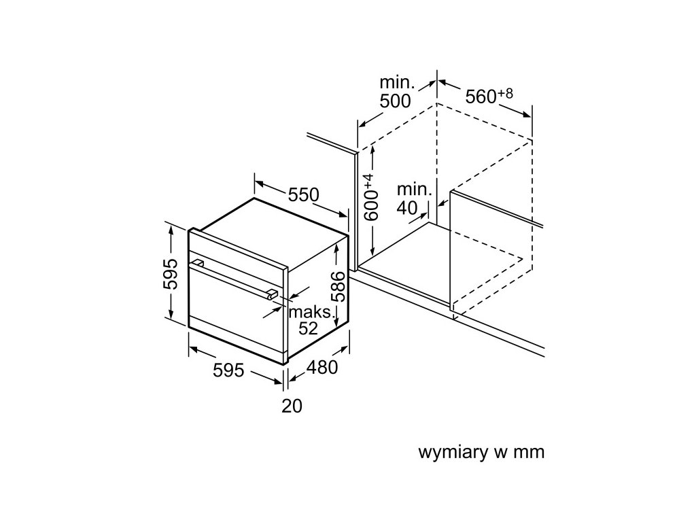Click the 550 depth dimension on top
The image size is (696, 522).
coord(303,195)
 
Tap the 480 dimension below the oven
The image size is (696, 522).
coord(321,368)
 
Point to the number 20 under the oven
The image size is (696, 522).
coord(291,406)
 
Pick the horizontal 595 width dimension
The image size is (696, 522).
coord(228,370)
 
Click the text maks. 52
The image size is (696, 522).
coord(310,320)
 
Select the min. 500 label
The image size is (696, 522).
coord(396,92)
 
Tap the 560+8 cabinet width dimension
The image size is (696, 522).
coord(488,97)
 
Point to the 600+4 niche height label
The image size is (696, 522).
coord(370,198)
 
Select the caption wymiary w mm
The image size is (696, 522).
coord(481,452)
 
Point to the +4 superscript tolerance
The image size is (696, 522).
coord(368,181)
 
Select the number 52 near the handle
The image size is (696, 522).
coord(308,328)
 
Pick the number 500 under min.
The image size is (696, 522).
coord(395,101)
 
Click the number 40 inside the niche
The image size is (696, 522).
coord(407,208)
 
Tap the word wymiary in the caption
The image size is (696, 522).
coord(449,452)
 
